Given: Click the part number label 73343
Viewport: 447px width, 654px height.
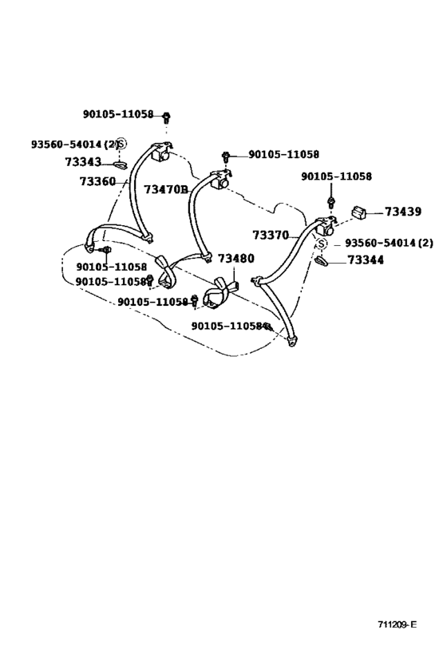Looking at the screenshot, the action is pyautogui.click(x=83, y=161).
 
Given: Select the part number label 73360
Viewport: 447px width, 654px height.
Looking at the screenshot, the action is pyautogui.click(x=97, y=181).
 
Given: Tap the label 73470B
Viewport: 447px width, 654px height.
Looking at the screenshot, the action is pyautogui.click(x=166, y=189).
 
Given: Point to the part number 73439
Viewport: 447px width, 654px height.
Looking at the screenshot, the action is pyautogui.click(x=403, y=212).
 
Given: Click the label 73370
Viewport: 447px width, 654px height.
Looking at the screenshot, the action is pyautogui.click(x=271, y=236).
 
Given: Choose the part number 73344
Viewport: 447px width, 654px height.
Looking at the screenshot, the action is pyautogui.click(x=366, y=260).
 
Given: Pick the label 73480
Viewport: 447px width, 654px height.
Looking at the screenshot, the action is pyautogui.click(x=235, y=259).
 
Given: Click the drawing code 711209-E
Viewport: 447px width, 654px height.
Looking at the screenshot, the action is pyautogui.click(x=397, y=624).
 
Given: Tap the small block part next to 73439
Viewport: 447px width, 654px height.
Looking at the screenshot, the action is pyautogui.click(x=358, y=212).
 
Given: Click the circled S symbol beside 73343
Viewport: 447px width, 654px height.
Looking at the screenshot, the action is pyautogui.click(x=121, y=145).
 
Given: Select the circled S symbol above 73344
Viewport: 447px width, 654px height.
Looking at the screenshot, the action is pyautogui.click(x=322, y=244).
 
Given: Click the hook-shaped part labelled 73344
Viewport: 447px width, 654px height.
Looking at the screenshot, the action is pyautogui.click(x=322, y=261).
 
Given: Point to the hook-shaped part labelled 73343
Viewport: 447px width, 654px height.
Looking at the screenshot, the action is pyautogui.click(x=120, y=165).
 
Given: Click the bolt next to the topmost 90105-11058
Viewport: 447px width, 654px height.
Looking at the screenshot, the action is pyautogui.click(x=165, y=117).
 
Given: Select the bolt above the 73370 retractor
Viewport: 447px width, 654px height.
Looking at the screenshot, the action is pyautogui.click(x=330, y=203).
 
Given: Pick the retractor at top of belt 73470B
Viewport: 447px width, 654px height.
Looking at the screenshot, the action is pyautogui.click(x=220, y=180).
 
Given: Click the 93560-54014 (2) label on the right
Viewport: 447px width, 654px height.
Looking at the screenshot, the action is pyautogui.click(x=389, y=242).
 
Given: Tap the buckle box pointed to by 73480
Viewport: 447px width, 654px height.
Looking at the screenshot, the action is pyautogui.click(x=235, y=287).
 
